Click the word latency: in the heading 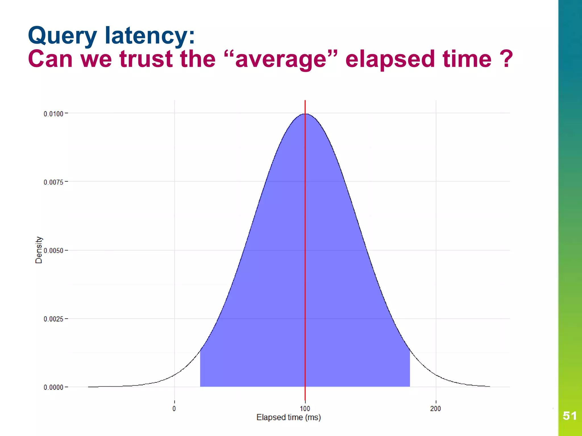click(x=150, y=35)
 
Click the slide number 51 click(x=569, y=416)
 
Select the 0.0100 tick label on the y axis click(x=53, y=114)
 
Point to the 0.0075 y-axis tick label click(x=53, y=182)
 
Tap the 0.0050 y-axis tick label click(x=53, y=251)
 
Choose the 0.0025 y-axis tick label click(x=53, y=319)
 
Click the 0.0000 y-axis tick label click(x=53, y=387)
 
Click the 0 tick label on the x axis click(x=174, y=409)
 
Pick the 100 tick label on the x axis click(x=305, y=409)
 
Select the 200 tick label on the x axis click(x=435, y=409)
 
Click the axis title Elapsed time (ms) click(x=288, y=417)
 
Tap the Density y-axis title click(x=39, y=250)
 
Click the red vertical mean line click(x=305, y=227)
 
